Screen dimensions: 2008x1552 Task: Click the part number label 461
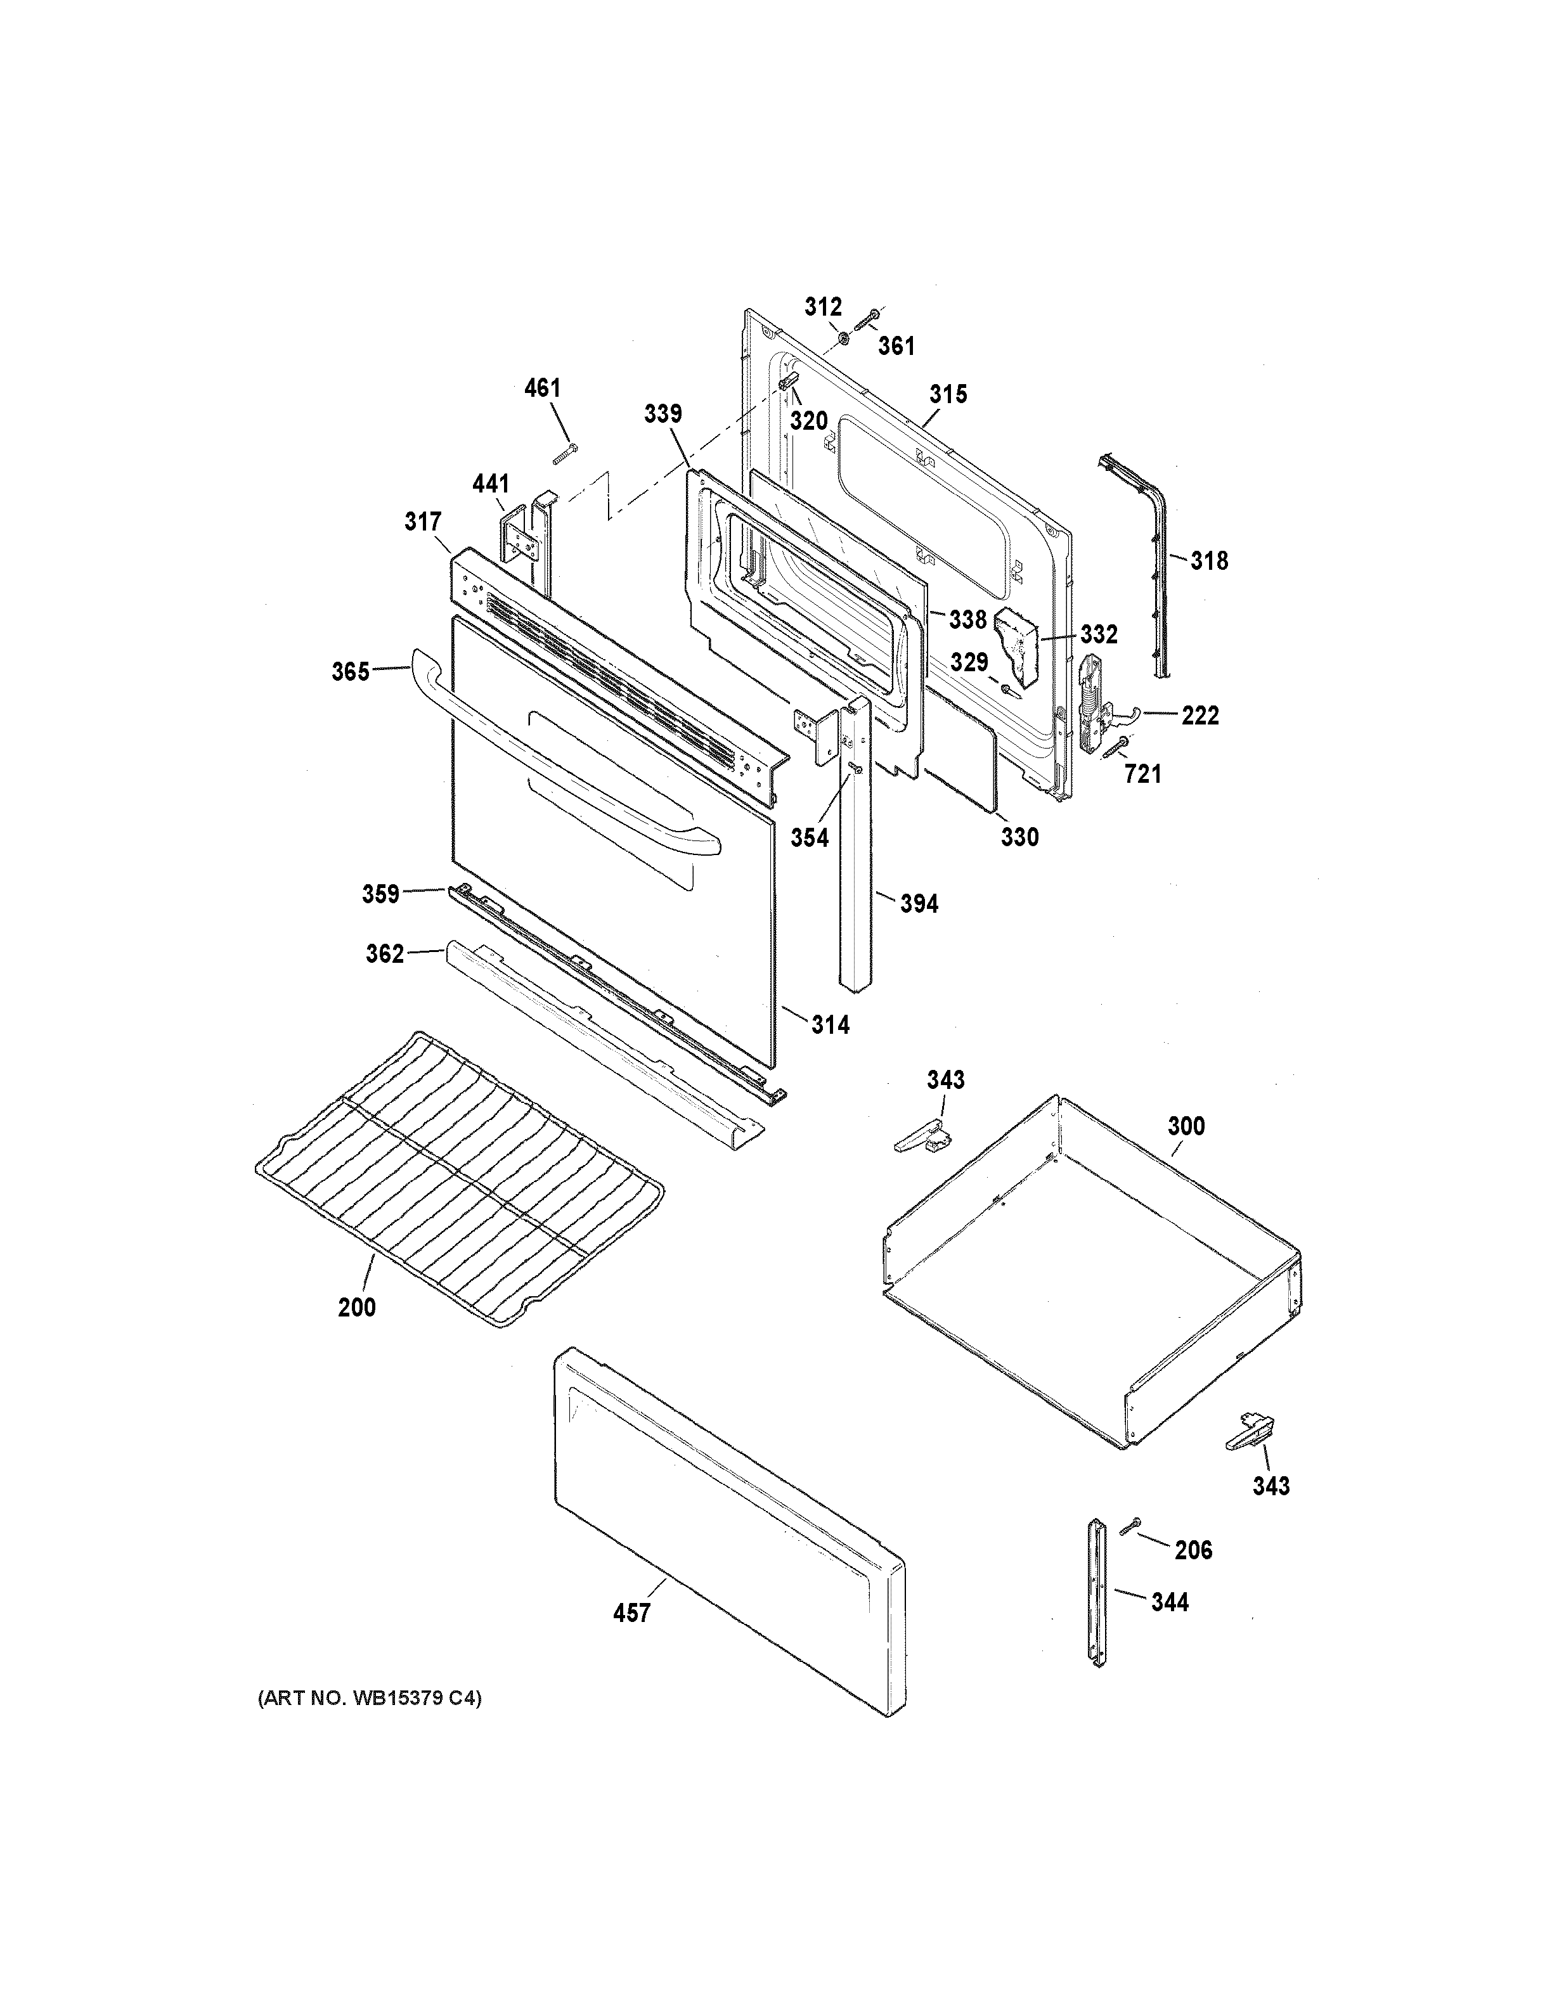[x=543, y=388]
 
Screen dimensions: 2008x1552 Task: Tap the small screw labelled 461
[x=564, y=453]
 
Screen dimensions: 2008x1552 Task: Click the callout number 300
[x=1186, y=1126]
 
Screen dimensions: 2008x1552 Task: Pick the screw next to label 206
[x=1131, y=1526]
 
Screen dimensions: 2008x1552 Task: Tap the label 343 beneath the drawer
[x=1271, y=1486]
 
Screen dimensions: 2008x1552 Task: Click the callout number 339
[x=663, y=414]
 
